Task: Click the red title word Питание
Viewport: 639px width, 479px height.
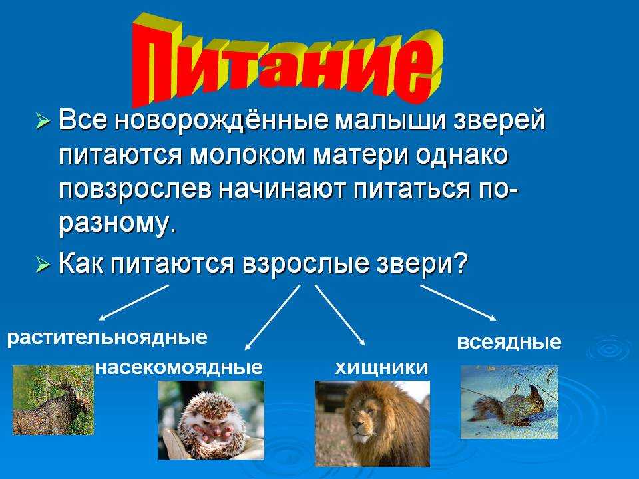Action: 286,61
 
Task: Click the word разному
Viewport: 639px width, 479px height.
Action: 118,226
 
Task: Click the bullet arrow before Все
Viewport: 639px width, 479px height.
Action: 43,122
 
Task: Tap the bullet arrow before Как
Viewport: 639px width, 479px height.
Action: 43,265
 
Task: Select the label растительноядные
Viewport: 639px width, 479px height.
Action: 107,338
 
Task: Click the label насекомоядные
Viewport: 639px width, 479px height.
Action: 179,367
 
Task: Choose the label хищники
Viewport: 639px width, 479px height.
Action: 381,368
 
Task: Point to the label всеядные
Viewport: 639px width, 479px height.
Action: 509,342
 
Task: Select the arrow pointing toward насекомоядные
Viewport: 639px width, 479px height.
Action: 272,317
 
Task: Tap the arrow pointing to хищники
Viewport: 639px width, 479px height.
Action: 340,315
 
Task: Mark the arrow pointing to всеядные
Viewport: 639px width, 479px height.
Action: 458,303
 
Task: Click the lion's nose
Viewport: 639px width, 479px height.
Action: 359,426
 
